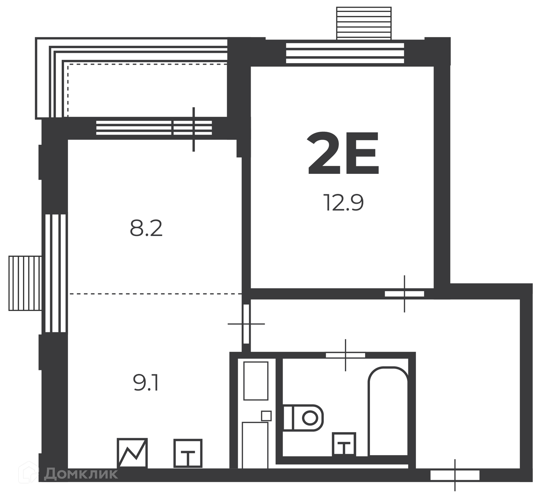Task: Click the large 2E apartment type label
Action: pos(343,153)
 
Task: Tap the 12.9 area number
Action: pos(344,203)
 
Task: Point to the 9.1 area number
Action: pos(146,383)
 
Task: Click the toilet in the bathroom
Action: pos(303,418)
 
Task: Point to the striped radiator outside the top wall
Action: pos(364,23)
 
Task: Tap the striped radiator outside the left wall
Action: pos(25,283)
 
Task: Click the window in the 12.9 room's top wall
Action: pos(345,53)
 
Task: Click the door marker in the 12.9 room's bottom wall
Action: pos(404,294)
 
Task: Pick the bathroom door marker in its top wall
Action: pos(346,355)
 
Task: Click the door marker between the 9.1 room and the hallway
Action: pos(246,324)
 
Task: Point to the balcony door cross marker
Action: pos(194,129)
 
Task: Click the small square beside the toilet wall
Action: pos(266,416)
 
